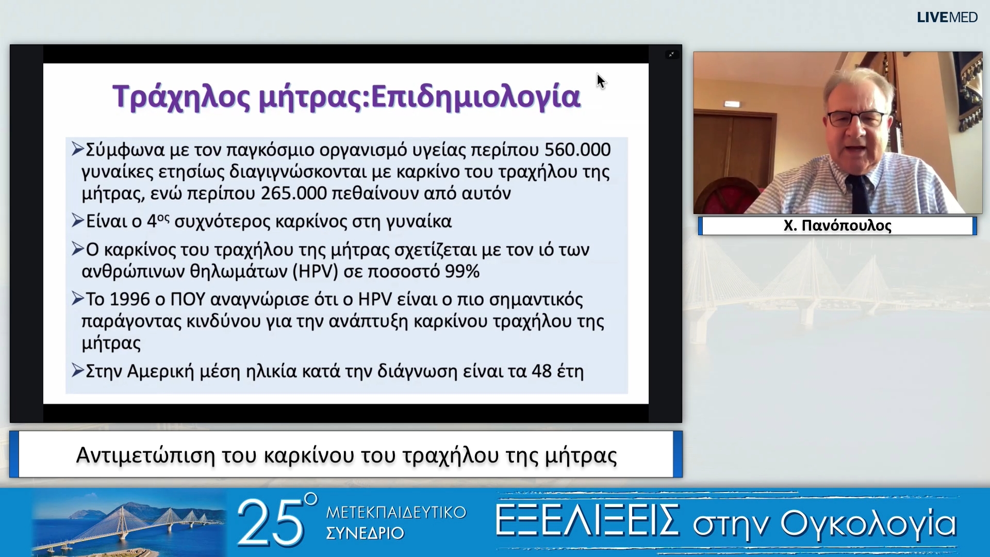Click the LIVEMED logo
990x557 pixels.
pos(947,18)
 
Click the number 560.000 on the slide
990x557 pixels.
pos(577,150)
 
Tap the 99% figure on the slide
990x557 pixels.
pos(463,271)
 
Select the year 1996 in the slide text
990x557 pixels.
pos(131,299)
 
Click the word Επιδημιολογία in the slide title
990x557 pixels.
pos(475,96)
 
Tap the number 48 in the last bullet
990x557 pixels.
pos(541,371)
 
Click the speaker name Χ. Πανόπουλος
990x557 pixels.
pos(837,226)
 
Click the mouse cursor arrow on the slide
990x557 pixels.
pos(601,81)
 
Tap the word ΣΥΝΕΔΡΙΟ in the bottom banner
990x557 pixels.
pos(365,533)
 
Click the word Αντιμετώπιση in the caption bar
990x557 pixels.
pos(145,456)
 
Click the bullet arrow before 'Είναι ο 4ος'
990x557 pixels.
pos(78,221)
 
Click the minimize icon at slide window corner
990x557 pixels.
pos(671,54)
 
